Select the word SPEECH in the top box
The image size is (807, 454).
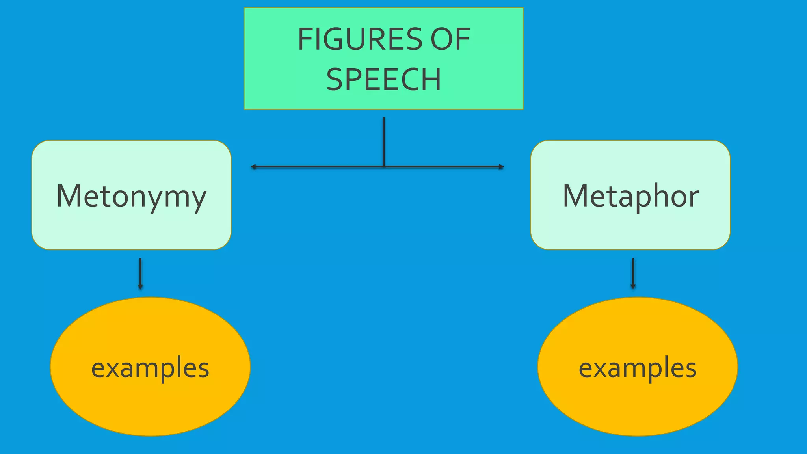click(383, 80)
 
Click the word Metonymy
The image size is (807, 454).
click(131, 196)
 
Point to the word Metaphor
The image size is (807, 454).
click(630, 196)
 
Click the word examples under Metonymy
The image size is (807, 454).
click(150, 368)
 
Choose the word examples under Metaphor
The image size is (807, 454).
click(638, 368)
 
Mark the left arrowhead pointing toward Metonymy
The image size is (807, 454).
click(253, 167)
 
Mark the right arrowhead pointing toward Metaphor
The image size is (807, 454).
click(502, 167)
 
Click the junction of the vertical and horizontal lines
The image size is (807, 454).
click(384, 167)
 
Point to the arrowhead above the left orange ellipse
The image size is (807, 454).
click(140, 287)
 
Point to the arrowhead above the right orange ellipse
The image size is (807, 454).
click(633, 287)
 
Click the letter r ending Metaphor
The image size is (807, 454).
click(694, 199)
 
